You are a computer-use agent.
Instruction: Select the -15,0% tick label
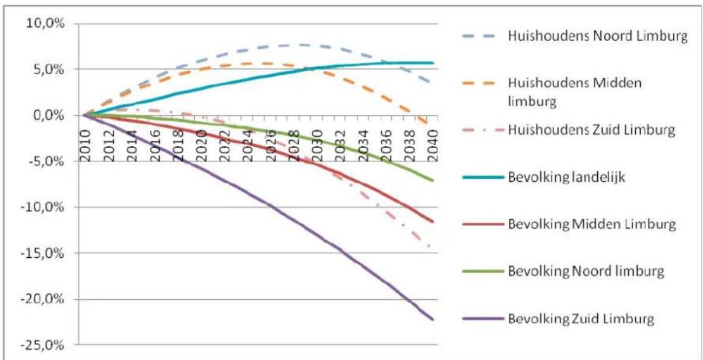[x=46, y=253]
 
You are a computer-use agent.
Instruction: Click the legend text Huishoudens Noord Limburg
[x=597, y=37]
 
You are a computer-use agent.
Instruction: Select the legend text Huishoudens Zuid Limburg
[x=591, y=130]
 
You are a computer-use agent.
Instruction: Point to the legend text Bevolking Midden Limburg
[x=591, y=224]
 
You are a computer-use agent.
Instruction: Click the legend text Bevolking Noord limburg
[x=585, y=271]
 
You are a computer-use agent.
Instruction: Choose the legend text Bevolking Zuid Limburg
[x=581, y=319]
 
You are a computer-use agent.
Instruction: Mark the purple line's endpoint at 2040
[x=433, y=320]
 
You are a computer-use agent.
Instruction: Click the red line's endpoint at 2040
[x=433, y=222]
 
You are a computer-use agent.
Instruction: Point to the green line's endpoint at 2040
[x=433, y=181]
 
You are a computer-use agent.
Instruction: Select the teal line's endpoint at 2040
[x=433, y=63]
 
